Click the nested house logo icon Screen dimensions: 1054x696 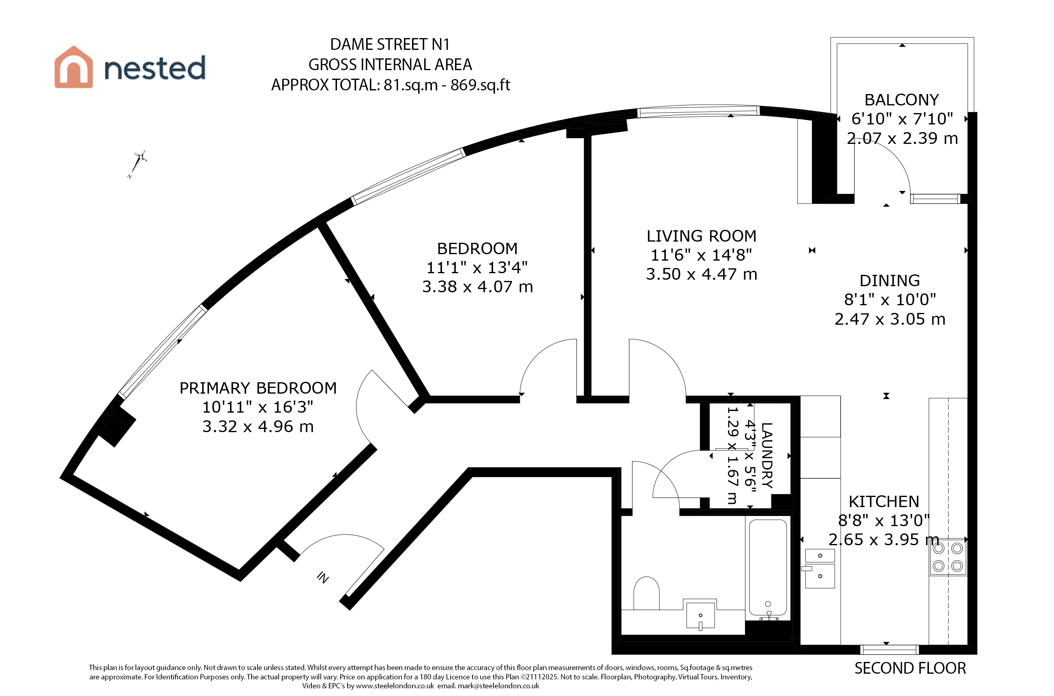pyautogui.click(x=74, y=67)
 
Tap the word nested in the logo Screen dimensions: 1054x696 pyautogui.click(x=155, y=68)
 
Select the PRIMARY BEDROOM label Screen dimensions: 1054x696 pyautogui.click(x=258, y=388)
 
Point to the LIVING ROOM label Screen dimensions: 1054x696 pyautogui.click(x=702, y=236)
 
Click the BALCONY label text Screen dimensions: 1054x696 pyautogui.click(x=902, y=100)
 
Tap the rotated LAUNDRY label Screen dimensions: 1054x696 pyautogui.click(x=767, y=455)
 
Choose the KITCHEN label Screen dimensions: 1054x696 pyautogui.click(x=884, y=501)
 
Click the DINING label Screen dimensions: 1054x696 pyautogui.click(x=890, y=281)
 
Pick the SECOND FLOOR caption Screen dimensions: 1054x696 pyautogui.click(x=910, y=668)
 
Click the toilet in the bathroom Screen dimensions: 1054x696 pyautogui.click(x=646, y=593)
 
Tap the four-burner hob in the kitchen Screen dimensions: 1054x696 pyautogui.click(x=948, y=557)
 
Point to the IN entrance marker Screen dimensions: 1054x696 pyautogui.click(x=323, y=577)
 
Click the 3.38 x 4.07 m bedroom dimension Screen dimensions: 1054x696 pyautogui.click(x=477, y=287)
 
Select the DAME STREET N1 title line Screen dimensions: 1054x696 pyautogui.click(x=390, y=45)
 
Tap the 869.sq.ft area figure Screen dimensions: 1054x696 pyautogui.click(x=481, y=85)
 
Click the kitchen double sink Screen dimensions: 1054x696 pyautogui.click(x=820, y=568)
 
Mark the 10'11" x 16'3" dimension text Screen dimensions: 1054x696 pyautogui.click(x=258, y=407)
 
